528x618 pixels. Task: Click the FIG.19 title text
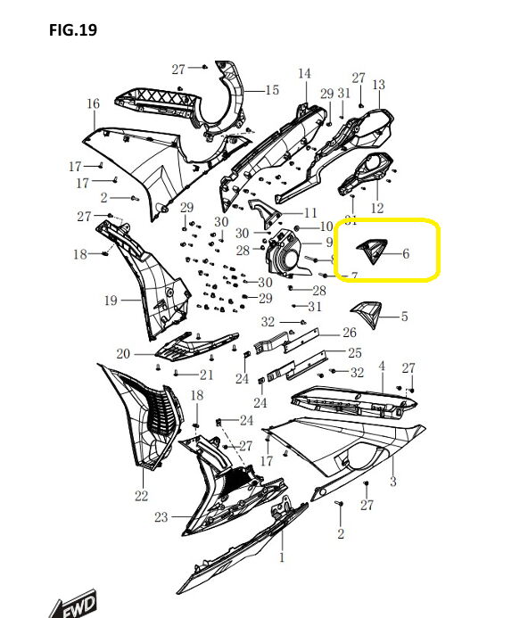pyautogui.click(x=73, y=30)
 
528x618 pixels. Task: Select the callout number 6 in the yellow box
pyautogui.click(x=406, y=253)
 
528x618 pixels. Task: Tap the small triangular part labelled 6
pyautogui.click(x=371, y=251)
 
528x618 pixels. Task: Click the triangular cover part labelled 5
pyautogui.click(x=367, y=314)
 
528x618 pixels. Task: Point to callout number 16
pyautogui.click(x=94, y=103)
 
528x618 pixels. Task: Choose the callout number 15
pyautogui.click(x=272, y=90)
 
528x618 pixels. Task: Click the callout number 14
pyautogui.click(x=304, y=73)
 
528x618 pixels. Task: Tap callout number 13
pyautogui.click(x=378, y=85)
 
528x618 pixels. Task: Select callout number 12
pyautogui.click(x=377, y=208)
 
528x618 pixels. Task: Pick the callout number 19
pyautogui.click(x=111, y=301)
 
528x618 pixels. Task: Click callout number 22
pyautogui.click(x=141, y=496)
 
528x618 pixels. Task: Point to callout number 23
pyautogui.click(x=161, y=516)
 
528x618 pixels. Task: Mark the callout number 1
pyautogui.click(x=282, y=557)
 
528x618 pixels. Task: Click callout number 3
pyautogui.click(x=392, y=481)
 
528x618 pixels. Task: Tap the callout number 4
pyautogui.click(x=382, y=367)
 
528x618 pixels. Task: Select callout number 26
pyautogui.click(x=350, y=333)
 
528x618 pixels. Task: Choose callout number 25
pyautogui.click(x=355, y=353)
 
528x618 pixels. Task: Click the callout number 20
pyautogui.click(x=123, y=353)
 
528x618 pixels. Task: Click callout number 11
pyautogui.click(x=310, y=213)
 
